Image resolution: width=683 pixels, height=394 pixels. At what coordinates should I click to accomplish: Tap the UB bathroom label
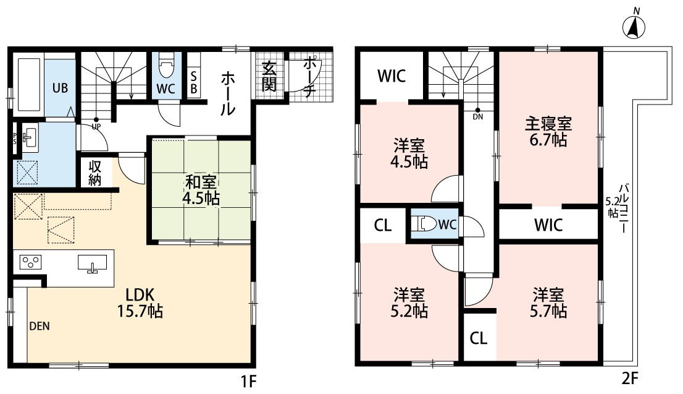coord(60,87)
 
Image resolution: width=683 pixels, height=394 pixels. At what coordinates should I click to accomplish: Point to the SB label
coord(193,82)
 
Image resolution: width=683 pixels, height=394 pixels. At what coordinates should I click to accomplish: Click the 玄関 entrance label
coord(269,77)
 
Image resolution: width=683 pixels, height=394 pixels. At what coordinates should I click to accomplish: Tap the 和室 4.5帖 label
coord(201,190)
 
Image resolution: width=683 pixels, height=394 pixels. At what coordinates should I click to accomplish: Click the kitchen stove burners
coord(30,263)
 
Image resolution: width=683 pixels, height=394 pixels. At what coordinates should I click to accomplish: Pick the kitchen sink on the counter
coord(92,263)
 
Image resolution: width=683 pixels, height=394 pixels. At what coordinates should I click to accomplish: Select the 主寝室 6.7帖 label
coord(548,132)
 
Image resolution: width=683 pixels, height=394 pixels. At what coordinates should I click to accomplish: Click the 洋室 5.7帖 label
coord(548,302)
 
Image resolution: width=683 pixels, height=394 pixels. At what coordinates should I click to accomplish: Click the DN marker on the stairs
coord(479,113)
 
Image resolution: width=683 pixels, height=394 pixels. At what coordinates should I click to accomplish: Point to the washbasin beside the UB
coord(30,138)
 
